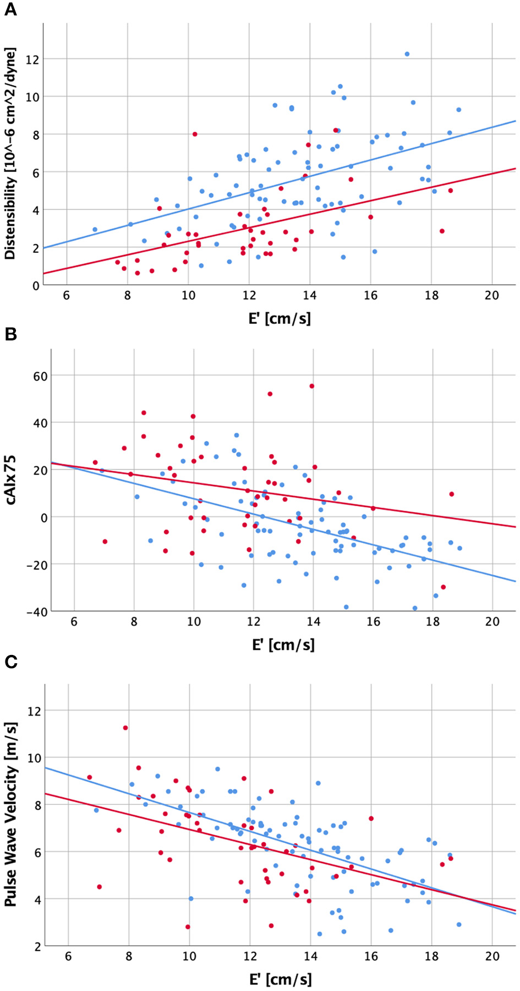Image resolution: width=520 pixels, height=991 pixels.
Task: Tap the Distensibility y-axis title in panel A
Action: (10, 154)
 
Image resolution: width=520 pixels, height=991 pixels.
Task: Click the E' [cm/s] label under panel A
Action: (280, 318)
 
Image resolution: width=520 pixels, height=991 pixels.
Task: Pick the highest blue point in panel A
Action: (407, 54)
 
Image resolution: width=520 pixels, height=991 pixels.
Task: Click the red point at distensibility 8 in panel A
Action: (195, 134)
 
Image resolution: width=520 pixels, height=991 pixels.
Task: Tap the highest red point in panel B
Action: (312, 386)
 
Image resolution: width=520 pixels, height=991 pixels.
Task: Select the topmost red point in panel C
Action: (125, 728)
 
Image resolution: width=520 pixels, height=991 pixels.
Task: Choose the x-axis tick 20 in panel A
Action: (491, 296)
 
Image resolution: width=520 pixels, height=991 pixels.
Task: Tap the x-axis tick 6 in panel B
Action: (74, 621)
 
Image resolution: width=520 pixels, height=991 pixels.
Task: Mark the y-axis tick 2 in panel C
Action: (36, 946)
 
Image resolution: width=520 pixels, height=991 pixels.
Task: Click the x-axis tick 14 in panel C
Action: (310, 956)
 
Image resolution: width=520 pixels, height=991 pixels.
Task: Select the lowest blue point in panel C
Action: (320, 934)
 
